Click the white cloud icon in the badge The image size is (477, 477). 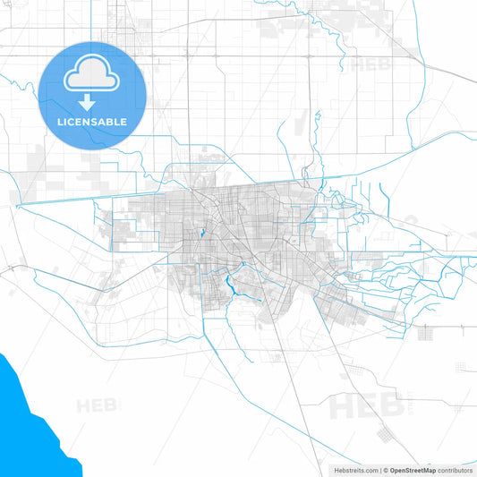(92, 73)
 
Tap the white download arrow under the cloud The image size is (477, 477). (92, 100)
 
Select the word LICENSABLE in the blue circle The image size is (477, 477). (92, 121)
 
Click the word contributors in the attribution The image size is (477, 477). (455, 469)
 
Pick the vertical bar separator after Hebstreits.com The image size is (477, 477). (380, 469)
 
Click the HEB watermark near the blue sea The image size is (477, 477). (97, 405)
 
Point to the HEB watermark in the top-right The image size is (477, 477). (369, 64)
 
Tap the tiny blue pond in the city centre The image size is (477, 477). (203, 234)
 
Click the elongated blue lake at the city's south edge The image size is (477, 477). (230, 286)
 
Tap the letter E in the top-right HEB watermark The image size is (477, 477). (369, 64)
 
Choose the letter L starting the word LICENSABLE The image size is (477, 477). (60, 121)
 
